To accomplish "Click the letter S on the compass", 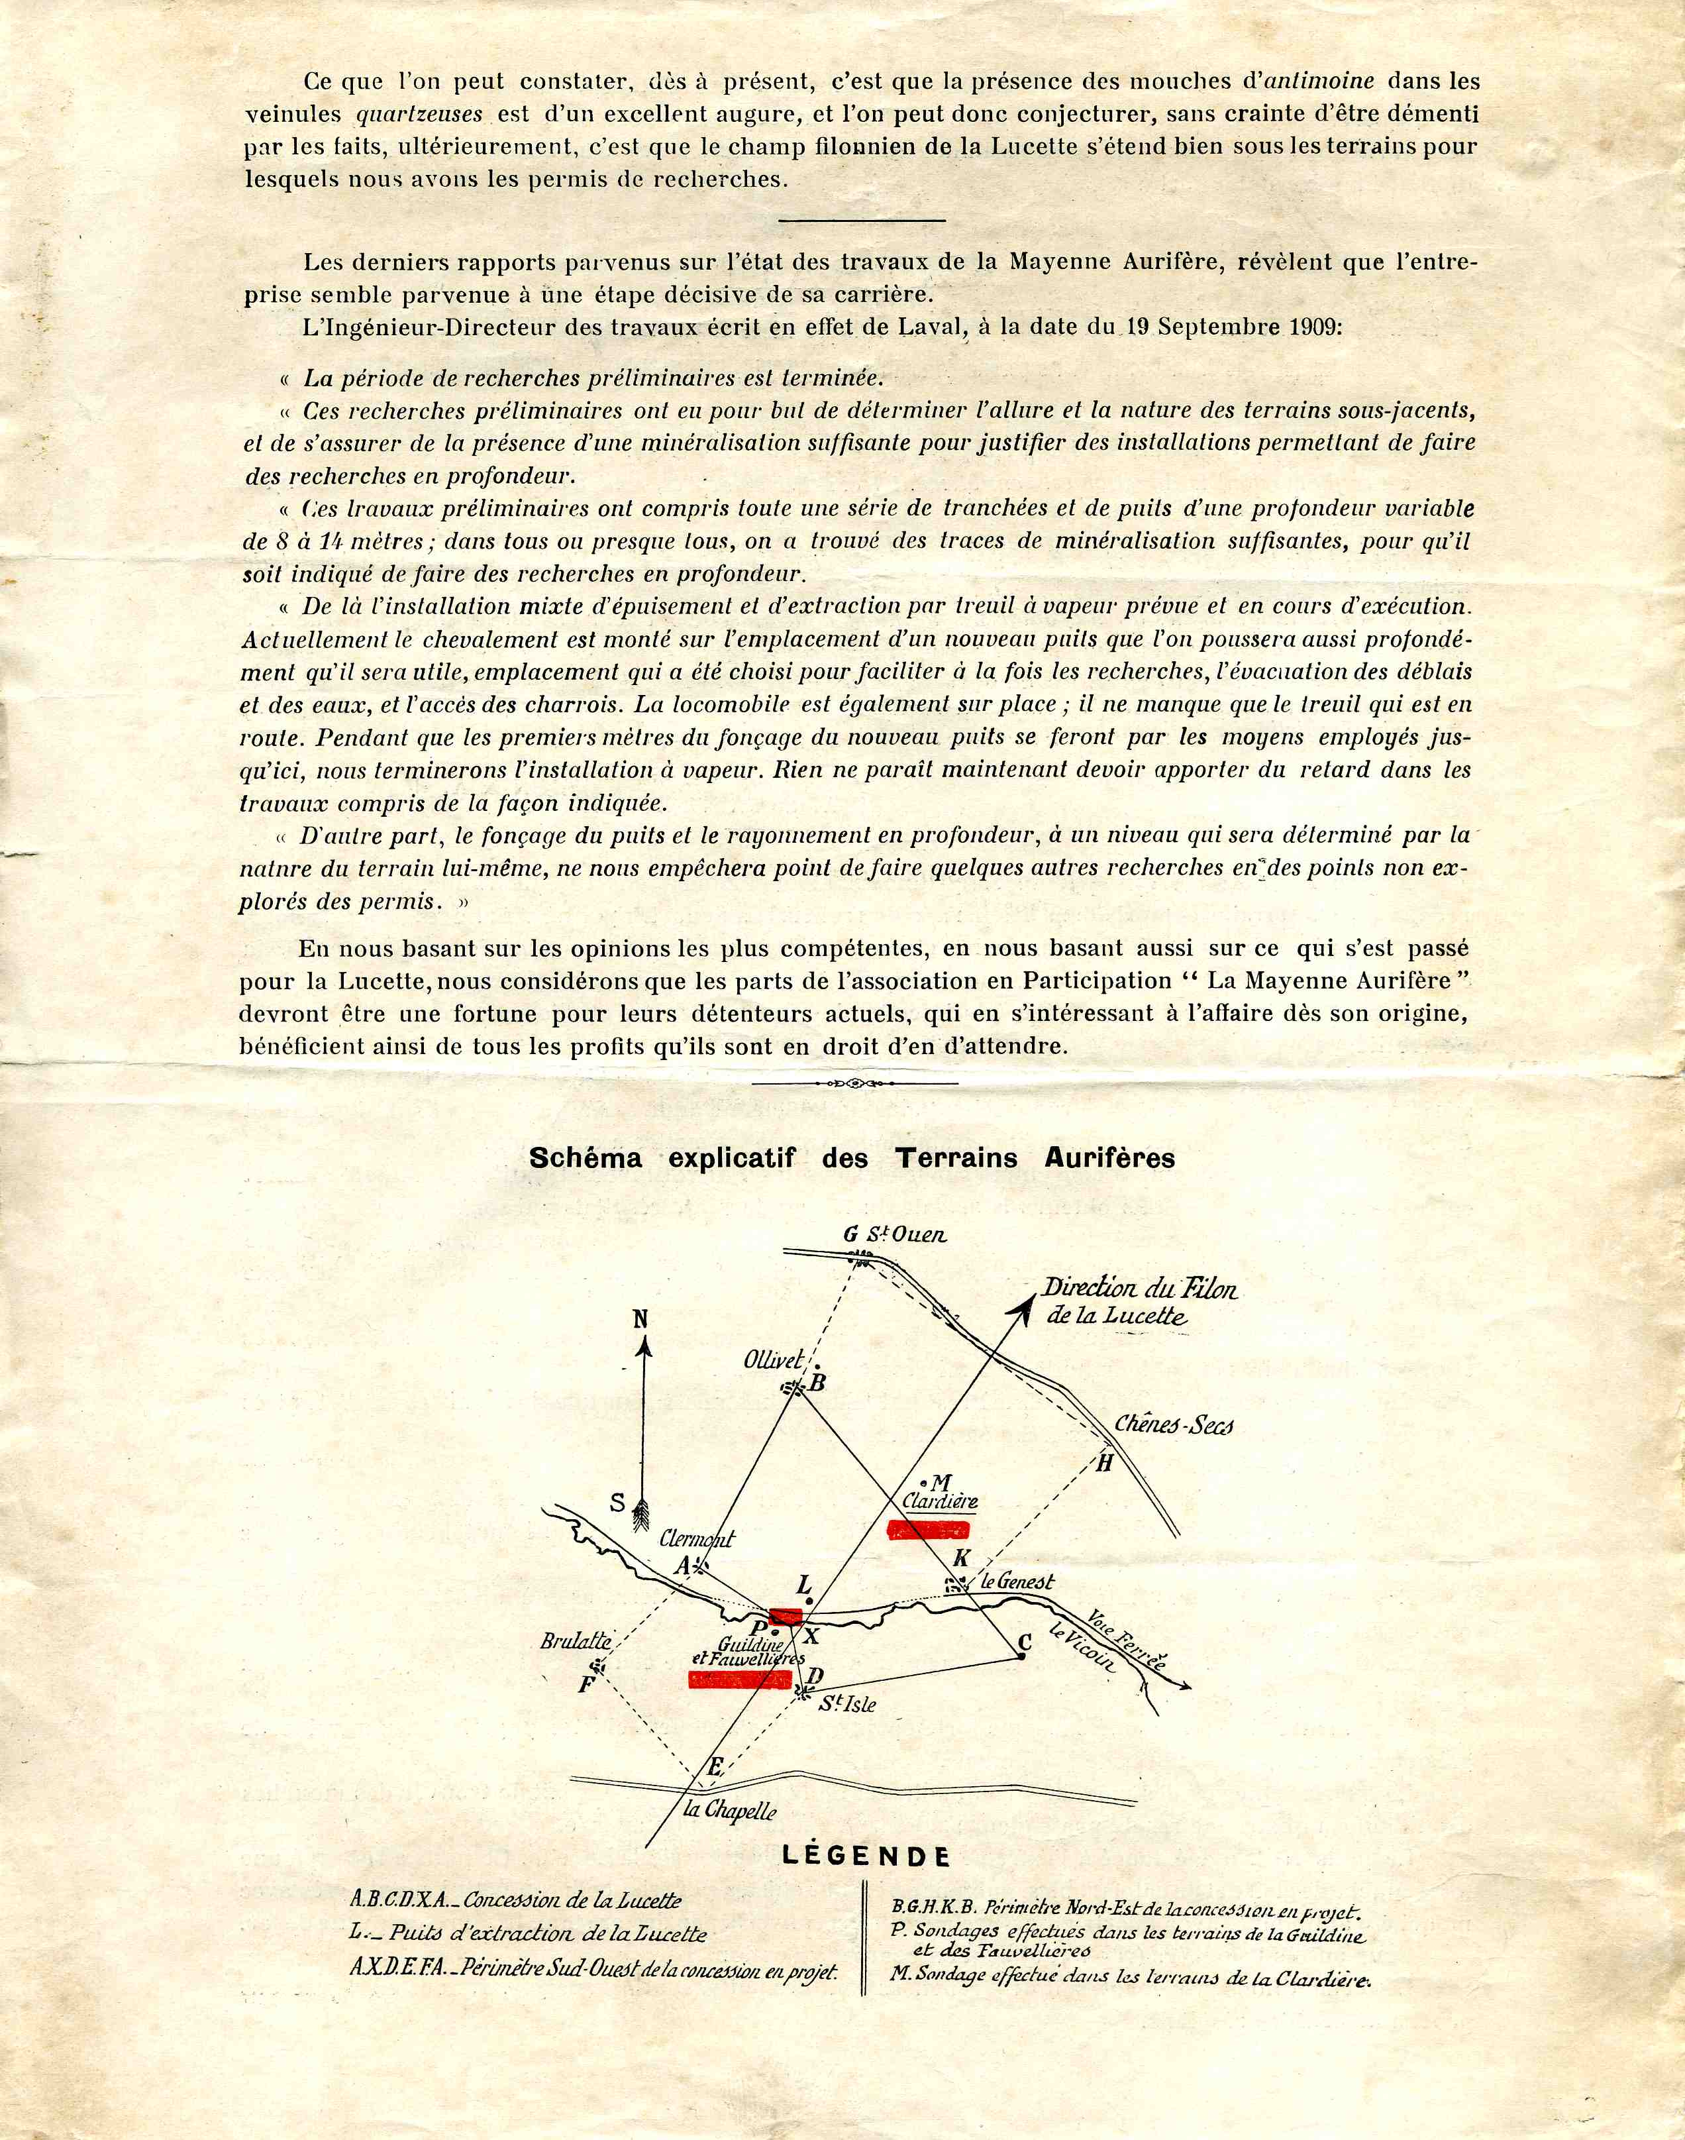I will coord(617,1503).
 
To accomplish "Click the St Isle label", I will coord(846,1704).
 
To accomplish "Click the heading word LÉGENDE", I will coord(865,1855).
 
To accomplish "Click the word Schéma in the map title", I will coord(585,1157).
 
